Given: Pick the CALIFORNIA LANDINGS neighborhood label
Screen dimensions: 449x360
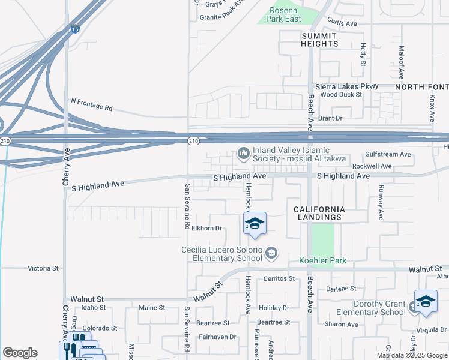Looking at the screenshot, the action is coord(319,213).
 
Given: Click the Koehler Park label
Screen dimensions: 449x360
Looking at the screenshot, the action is coord(323,261).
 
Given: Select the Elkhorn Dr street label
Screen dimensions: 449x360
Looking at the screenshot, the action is coord(207,228).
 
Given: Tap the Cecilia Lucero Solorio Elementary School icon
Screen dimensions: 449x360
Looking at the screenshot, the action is coord(271,253).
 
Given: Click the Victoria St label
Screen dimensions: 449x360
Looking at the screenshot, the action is coord(43,269).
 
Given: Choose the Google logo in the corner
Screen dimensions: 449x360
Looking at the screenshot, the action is coord(20,353).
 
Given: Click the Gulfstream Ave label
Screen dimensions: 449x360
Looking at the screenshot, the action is coord(388,154).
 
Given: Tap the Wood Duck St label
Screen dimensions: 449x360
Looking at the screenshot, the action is coord(340,95).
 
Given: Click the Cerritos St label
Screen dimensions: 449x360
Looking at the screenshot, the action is coord(279,278).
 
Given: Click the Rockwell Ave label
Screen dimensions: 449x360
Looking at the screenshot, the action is coord(372,166).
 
